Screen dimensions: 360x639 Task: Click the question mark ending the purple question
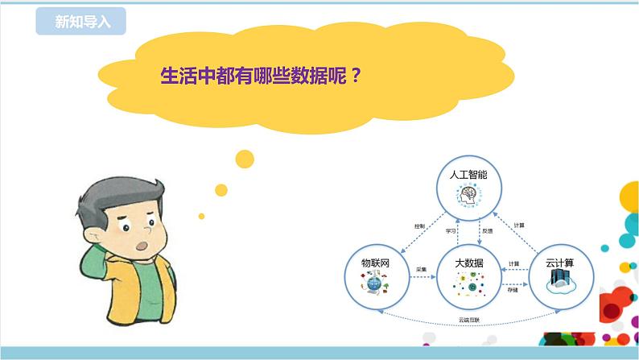[x=355, y=77]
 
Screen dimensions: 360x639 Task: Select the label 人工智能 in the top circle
[x=468, y=173]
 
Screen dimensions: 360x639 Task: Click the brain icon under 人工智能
[x=468, y=194]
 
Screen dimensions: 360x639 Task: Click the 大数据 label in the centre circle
[x=468, y=263]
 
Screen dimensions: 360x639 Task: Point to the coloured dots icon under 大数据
[x=468, y=283]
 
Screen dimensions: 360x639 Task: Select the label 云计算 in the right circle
[x=561, y=263]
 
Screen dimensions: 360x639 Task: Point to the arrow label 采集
[x=420, y=269]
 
